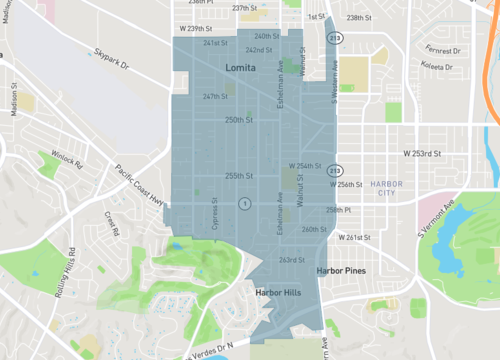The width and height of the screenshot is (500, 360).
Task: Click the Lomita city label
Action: [233, 66]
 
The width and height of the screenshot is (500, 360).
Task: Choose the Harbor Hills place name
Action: [277, 293]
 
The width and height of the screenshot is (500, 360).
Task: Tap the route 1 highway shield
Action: [243, 203]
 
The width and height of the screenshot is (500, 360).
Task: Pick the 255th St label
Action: [238, 175]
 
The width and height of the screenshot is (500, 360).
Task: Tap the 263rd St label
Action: [291, 260]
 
